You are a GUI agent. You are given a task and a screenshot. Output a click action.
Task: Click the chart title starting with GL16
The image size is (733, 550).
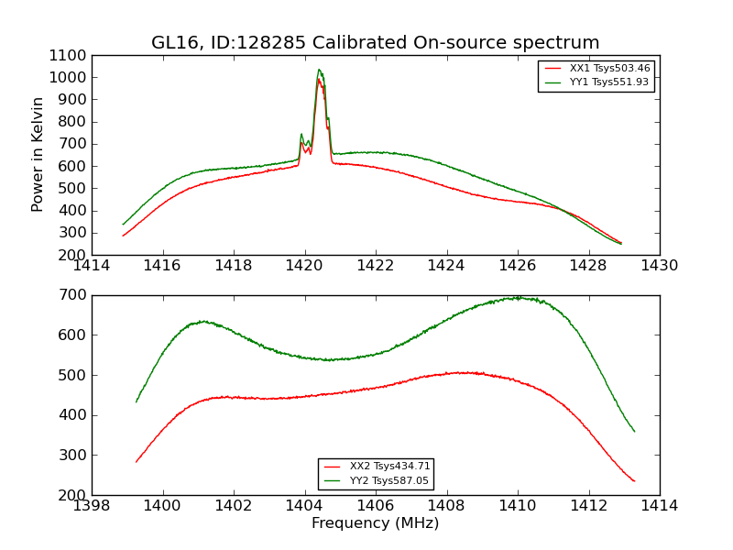coord(375,43)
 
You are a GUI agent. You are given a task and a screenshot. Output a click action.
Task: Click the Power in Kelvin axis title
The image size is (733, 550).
coord(38,154)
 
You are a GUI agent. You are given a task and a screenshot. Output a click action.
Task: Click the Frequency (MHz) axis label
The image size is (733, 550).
coord(375,523)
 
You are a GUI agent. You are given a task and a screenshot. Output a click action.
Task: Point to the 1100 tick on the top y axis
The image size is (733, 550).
coord(70,55)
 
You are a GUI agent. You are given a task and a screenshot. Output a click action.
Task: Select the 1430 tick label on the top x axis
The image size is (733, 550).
coord(659,266)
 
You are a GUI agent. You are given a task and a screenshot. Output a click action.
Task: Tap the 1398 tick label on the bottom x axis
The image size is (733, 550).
coord(92,506)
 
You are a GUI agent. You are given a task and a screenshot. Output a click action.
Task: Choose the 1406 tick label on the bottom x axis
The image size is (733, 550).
coord(376,506)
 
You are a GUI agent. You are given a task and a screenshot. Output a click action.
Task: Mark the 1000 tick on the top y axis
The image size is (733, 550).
coord(70,78)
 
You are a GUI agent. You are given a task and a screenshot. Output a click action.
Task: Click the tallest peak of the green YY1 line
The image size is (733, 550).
coord(319,70)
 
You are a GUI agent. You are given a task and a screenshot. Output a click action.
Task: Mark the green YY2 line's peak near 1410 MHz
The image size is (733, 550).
coord(518,297)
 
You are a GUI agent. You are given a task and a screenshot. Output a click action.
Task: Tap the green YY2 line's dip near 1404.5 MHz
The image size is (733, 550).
coord(328,359)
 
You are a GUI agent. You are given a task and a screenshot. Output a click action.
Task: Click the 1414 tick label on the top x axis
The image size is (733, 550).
coord(92,266)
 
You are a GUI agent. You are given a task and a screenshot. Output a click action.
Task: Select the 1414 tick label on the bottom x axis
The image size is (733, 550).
coord(659,506)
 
